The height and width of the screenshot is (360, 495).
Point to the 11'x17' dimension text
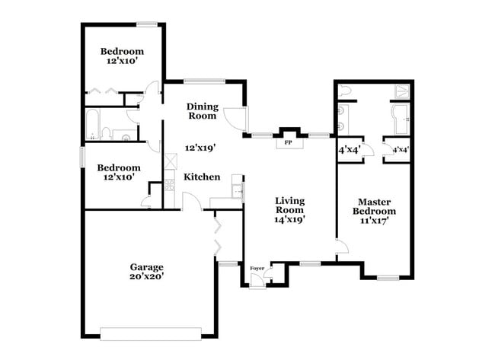375,221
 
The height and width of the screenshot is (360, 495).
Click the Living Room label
289,205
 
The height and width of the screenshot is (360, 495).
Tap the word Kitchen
201,177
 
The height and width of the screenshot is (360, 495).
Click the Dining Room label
202,111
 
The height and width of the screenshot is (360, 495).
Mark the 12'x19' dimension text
201,148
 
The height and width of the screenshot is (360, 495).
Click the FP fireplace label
289,142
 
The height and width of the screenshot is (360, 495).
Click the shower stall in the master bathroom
400,91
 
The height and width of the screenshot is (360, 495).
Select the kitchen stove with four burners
170,183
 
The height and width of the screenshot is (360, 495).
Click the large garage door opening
150,333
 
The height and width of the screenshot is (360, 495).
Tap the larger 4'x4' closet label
349,149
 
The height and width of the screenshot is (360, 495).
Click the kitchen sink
237,187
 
